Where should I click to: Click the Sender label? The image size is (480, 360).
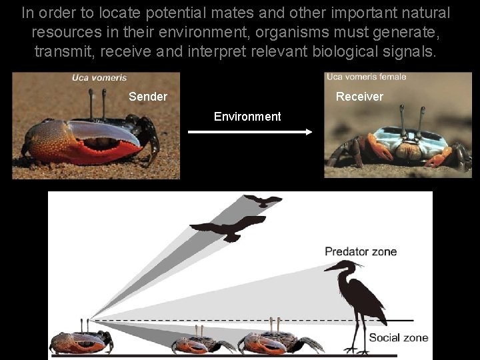[148, 97]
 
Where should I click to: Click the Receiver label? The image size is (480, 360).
[359, 97]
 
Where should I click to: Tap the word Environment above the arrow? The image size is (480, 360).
[247, 117]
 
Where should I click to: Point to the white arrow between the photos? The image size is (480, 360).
[250, 132]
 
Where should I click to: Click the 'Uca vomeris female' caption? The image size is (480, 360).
[366, 77]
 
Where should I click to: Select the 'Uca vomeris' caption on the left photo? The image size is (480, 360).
[99, 78]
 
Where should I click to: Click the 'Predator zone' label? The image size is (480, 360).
[361, 251]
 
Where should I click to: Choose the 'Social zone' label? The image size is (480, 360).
[398, 337]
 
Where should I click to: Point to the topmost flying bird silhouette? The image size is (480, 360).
[263, 200]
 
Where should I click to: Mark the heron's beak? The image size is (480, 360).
[331, 268]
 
